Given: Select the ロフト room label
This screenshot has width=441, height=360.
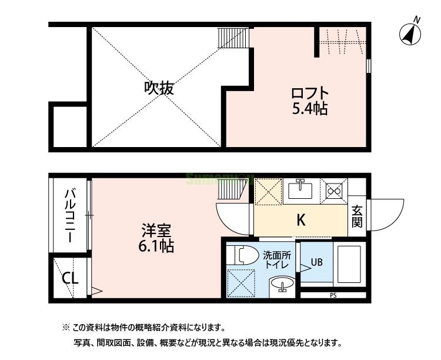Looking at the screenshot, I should tap(310, 93).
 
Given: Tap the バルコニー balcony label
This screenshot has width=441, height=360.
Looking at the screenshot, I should tap(69, 216).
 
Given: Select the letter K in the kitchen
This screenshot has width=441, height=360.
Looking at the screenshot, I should tap(300, 221).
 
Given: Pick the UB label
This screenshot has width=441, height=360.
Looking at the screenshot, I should tap(316, 262).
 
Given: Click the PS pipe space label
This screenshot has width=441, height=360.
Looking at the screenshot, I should tap(333, 295).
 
